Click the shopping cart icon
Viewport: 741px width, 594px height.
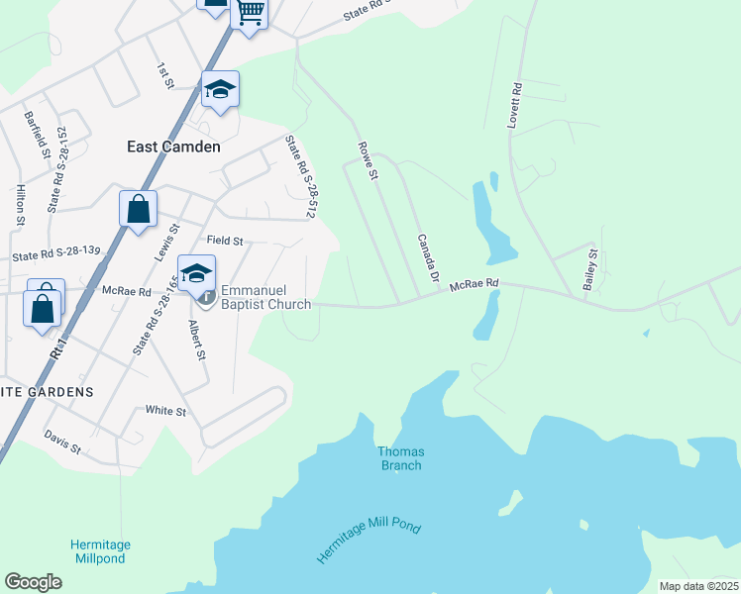pyautogui.click(x=250, y=14)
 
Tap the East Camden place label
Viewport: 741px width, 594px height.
pyautogui.click(x=173, y=147)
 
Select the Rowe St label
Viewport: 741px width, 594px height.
pyautogui.click(x=368, y=160)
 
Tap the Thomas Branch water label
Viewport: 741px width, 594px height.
pyautogui.click(x=400, y=458)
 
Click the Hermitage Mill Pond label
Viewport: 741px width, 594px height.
pyautogui.click(x=370, y=536)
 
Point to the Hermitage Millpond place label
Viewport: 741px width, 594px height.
pyautogui.click(x=101, y=551)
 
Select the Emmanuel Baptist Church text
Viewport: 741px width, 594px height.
pyautogui.click(x=265, y=297)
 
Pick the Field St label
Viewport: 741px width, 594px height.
pyautogui.click(x=225, y=241)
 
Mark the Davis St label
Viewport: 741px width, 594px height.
pyautogui.click(x=62, y=442)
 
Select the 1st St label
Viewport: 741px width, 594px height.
pyautogui.click(x=164, y=76)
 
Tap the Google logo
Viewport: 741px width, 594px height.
pyautogui.click(x=33, y=582)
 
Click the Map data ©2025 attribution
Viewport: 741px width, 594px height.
pyautogui.click(x=697, y=586)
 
